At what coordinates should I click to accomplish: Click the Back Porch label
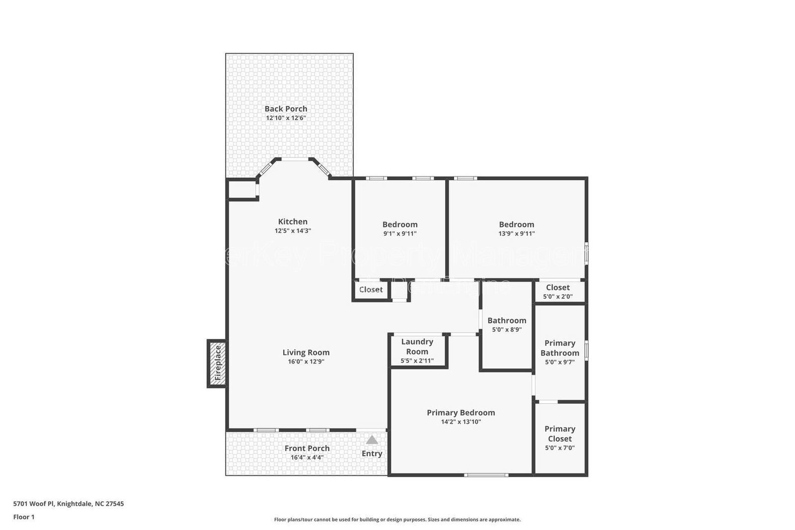pyautogui.click(x=286, y=109)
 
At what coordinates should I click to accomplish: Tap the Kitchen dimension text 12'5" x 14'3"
pyautogui.click(x=293, y=231)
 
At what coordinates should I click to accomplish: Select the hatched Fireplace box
pyautogui.click(x=217, y=363)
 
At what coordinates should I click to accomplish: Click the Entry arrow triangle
pyautogui.click(x=372, y=440)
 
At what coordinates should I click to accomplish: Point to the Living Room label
pyautogui.click(x=306, y=353)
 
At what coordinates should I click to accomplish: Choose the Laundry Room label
pyautogui.click(x=417, y=346)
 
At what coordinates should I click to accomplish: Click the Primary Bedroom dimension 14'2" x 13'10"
pyautogui.click(x=461, y=422)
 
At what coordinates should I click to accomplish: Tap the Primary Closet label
pyautogui.click(x=560, y=434)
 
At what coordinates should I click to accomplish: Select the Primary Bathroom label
pyautogui.click(x=560, y=348)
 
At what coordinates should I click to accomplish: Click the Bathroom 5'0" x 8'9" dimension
pyautogui.click(x=507, y=330)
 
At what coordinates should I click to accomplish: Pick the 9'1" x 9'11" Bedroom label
pyautogui.click(x=400, y=225)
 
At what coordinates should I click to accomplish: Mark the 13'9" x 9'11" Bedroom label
pyautogui.click(x=517, y=225)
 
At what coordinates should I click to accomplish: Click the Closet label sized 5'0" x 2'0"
pyautogui.click(x=558, y=287)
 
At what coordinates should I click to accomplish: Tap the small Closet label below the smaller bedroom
pyautogui.click(x=371, y=289)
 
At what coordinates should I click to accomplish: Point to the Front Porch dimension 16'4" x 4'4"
pyautogui.click(x=307, y=457)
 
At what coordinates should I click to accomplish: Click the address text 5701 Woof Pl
pyautogui.click(x=69, y=504)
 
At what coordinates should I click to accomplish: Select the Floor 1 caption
pyautogui.click(x=24, y=517)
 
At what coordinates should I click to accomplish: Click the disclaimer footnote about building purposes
pyautogui.click(x=397, y=520)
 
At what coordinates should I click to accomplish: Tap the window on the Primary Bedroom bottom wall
pyautogui.click(x=486, y=475)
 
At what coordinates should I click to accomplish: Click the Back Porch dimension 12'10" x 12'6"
pyautogui.click(x=286, y=118)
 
